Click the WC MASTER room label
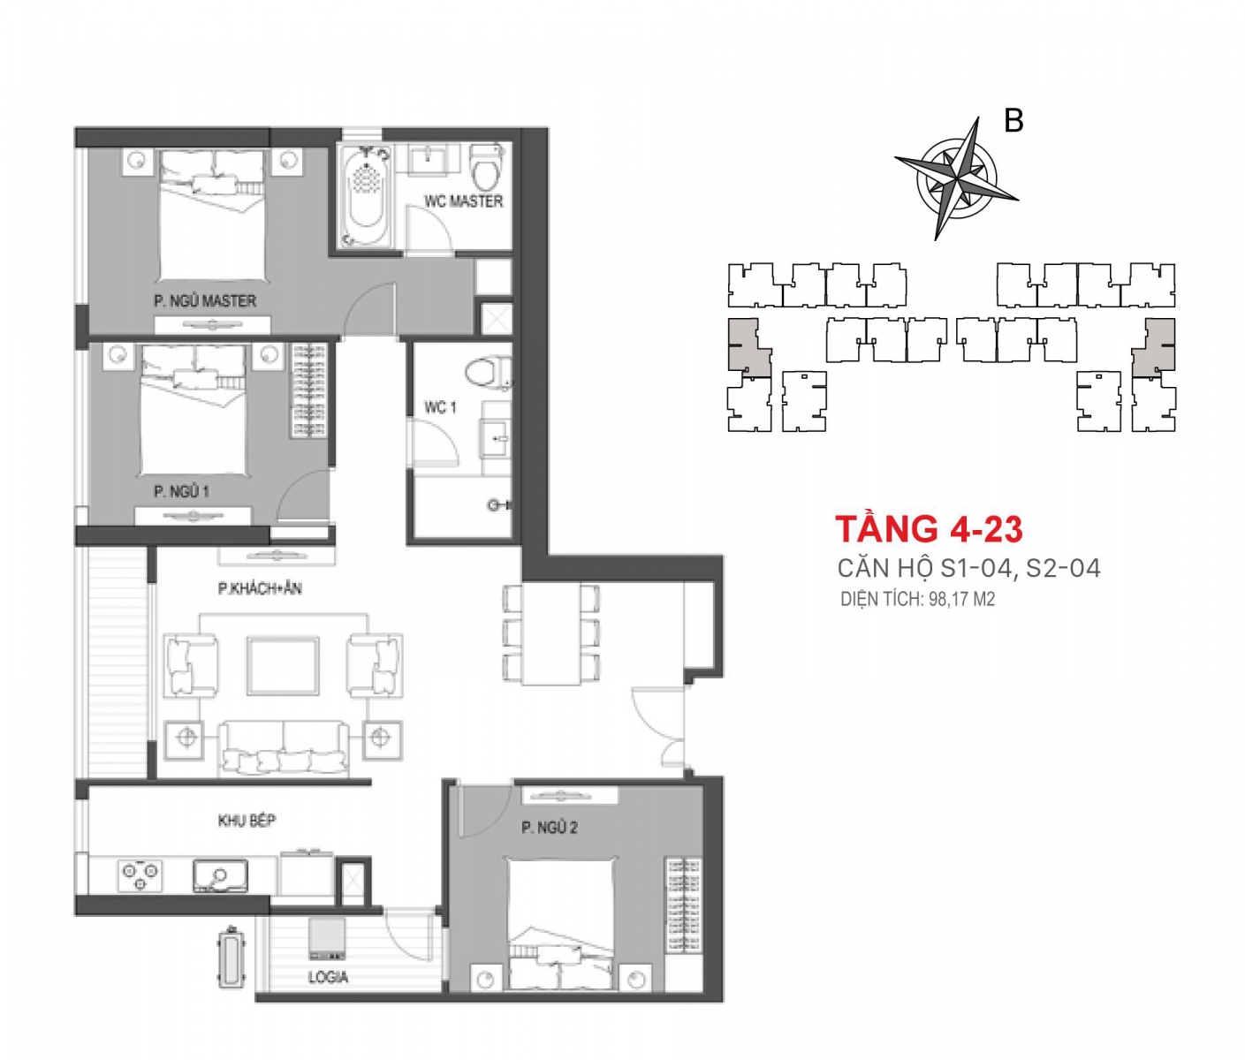tap(463, 201)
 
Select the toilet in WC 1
tap(489, 374)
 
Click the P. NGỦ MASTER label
tap(205, 300)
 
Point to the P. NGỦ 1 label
tap(181, 491)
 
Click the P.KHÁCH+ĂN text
tap(260, 588)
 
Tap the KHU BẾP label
tap(247, 821)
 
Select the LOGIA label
tap(329, 977)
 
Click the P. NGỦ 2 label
tap(550, 828)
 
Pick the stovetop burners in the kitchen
tap(140, 875)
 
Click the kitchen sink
tap(220, 875)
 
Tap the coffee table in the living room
tap(283, 666)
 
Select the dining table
tap(551, 634)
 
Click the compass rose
tap(956, 178)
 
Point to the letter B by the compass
tap(1013, 120)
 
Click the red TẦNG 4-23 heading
tap(929, 529)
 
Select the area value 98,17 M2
tap(962, 599)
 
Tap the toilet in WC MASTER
tap(487, 167)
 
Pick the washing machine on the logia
tap(327, 938)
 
